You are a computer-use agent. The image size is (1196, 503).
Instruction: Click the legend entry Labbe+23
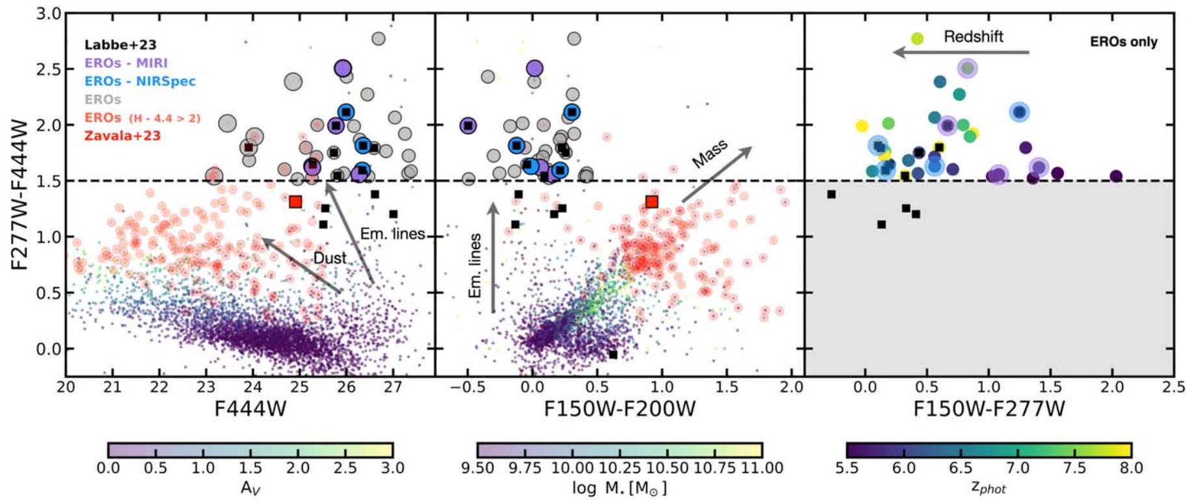point(120,45)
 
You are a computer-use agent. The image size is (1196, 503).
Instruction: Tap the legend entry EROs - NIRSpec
point(140,81)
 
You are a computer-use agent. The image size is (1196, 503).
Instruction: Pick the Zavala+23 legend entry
point(122,136)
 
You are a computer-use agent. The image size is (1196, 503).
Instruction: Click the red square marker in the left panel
point(295,202)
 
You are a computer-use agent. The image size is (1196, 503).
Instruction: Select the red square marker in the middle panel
point(652,202)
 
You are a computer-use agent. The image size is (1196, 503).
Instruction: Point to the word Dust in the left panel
point(330,258)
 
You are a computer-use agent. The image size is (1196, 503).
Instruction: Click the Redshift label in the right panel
point(973,36)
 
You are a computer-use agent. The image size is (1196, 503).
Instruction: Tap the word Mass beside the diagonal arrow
point(710,154)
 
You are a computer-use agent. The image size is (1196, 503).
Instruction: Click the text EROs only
point(1123,42)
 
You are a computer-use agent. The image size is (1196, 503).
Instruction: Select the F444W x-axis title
point(250,409)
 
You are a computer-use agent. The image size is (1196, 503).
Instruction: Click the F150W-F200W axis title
point(619,409)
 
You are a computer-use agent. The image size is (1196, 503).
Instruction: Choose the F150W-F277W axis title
point(989,409)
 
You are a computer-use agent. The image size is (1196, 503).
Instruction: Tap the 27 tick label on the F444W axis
point(392,388)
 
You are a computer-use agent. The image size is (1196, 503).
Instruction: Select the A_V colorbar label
point(250,487)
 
